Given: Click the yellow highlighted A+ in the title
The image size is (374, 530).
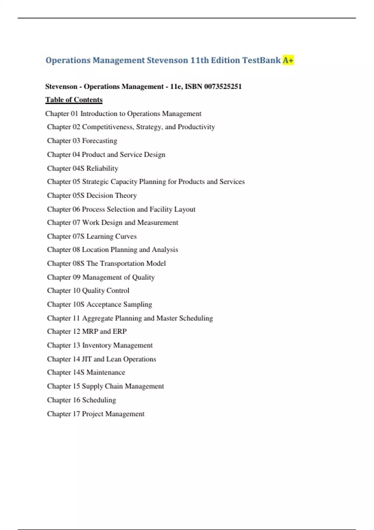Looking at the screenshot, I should click(x=288, y=60).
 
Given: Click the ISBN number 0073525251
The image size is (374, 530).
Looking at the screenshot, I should click(x=223, y=86).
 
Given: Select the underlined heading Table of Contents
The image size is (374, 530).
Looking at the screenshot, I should click(x=74, y=100).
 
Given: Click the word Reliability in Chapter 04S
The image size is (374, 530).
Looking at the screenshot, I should click(x=102, y=168).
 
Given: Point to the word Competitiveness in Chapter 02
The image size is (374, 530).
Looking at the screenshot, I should click(x=108, y=127).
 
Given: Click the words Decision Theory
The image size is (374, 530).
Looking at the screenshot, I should click(x=112, y=195).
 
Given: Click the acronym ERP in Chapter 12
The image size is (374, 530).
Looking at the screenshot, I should click(x=120, y=331).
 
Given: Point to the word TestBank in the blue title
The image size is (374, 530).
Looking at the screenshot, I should click(x=261, y=60).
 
